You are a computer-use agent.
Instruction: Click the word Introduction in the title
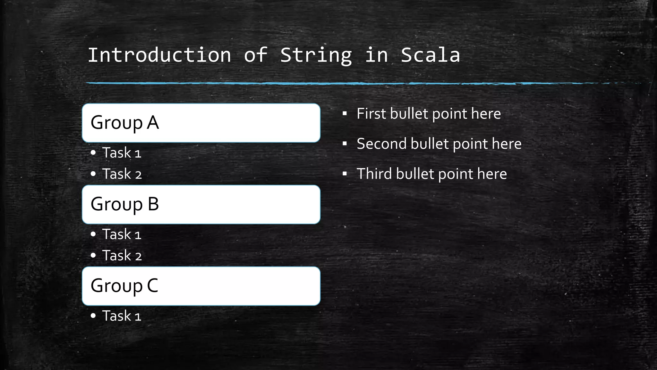pyautogui.click(x=159, y=55)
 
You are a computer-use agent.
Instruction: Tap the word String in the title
pyautogui.click(x=316, y=55)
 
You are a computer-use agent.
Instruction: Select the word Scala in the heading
pyautogui.click(x=431, y=55)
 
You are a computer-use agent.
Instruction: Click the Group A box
pyautogui.click(x=201, y=123)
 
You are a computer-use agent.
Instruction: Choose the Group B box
pyautogui.click(x=201, y=204)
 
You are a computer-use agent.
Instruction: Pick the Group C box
pyautogui.click(x=201, y=286)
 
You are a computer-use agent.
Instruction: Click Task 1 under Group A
pyautogui.click(x=122, y=153)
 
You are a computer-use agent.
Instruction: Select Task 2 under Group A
pyautogui.click(x=122, y=174)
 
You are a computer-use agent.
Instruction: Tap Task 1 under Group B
pyautogui.click(x=122, y=234)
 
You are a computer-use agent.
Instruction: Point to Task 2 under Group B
pyautogui.click(x=122, y=256)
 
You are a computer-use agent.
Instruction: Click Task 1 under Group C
pyautogui.click(x=122, y=316)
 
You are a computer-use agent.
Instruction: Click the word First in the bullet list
pyautogui.click(x=371, y=114)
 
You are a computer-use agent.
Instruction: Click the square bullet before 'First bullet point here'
pyautogui.click(x=345, y=113)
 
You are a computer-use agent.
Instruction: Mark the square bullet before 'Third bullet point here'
pyautogui.click(x=345, y=174)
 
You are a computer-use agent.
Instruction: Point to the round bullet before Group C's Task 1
pyautogui.click(x=93, y=316)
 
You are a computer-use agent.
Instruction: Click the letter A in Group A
pyautogui.click(x=153, y=123)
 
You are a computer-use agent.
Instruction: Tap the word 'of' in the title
pyautogui.click(x=256, y=55)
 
